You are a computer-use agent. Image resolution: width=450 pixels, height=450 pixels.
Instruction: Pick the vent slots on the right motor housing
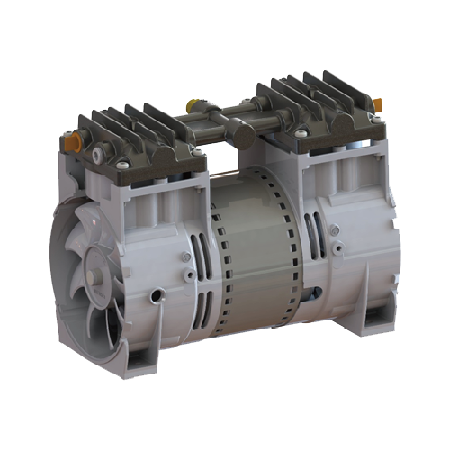coord(312,236)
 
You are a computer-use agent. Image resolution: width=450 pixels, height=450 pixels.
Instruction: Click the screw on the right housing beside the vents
coord(334,229)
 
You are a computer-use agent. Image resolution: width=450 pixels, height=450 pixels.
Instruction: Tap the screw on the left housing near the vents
coord(184,256)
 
